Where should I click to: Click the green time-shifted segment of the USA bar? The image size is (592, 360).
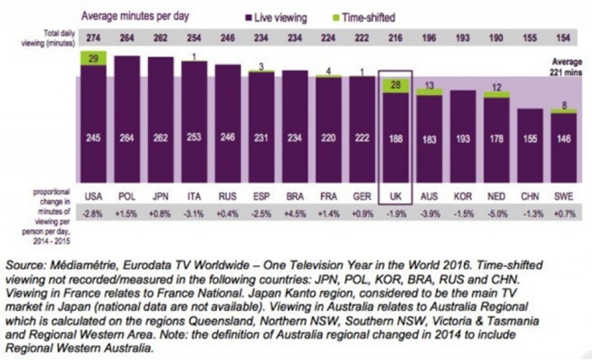(x=94, y=58)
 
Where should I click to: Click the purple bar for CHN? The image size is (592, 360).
(x=529, y=145)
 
